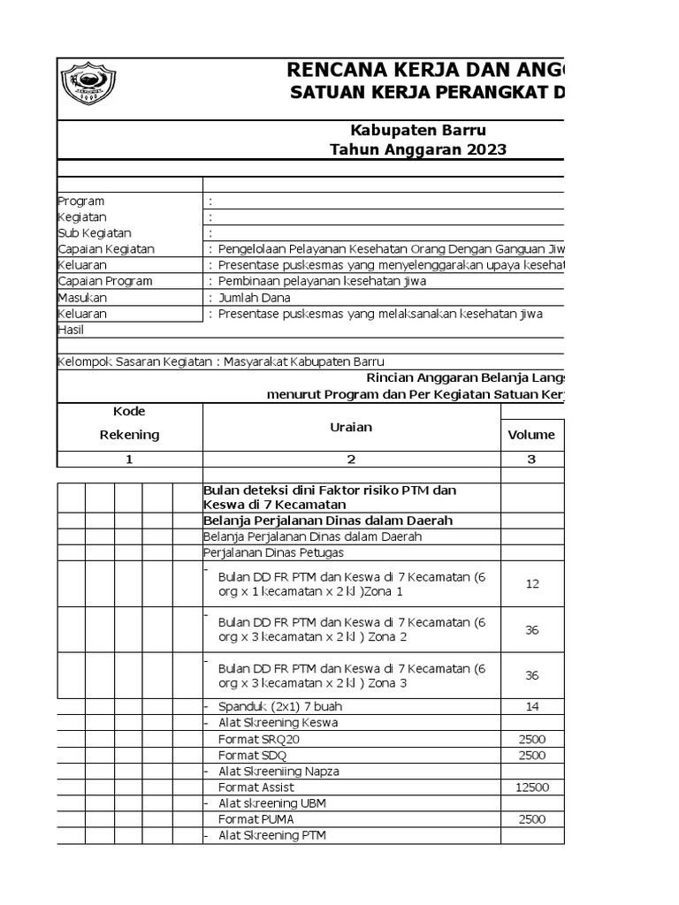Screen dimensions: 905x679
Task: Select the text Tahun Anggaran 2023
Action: pos(418,149)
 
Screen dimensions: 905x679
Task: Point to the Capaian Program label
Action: pos(104,281)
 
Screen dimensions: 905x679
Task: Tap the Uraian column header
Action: pos(351,427)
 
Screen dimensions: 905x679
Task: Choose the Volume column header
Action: pos(531,435)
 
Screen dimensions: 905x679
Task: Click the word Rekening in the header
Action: pos(129,435)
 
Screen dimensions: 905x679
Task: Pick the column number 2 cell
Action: pos(351,459)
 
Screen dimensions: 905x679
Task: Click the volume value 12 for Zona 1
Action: pos(532,584)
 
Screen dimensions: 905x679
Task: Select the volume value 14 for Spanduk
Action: pos(532,706)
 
